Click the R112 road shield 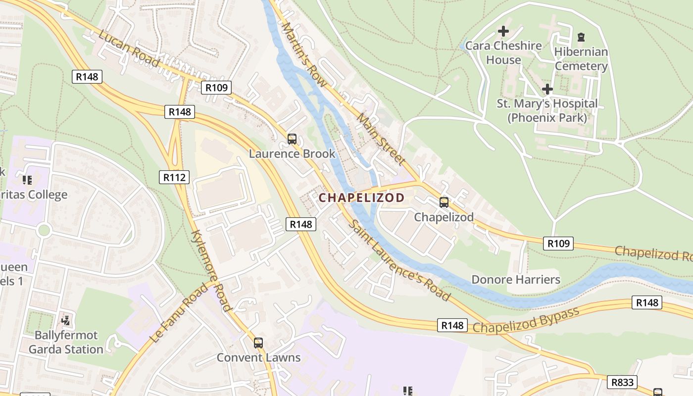pos(174,177)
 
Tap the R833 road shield pos(622,382)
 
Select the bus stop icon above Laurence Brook pos(292,139)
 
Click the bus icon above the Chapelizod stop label pos(444,202)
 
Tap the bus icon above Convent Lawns pos(258,343)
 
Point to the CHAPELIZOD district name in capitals pos(361,198)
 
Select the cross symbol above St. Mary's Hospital pos(547,89)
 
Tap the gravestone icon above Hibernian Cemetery pos(581,37)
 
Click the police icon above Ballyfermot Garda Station pos(65,320)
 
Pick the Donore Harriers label pos(516,279)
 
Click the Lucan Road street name pos(129,49)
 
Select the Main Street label pos(381,139)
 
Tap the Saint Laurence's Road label pos(399,260)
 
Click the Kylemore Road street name pos(211,270)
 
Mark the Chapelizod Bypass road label pos(526,321)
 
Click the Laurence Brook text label pos(292,153)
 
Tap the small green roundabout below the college pos(44,230)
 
